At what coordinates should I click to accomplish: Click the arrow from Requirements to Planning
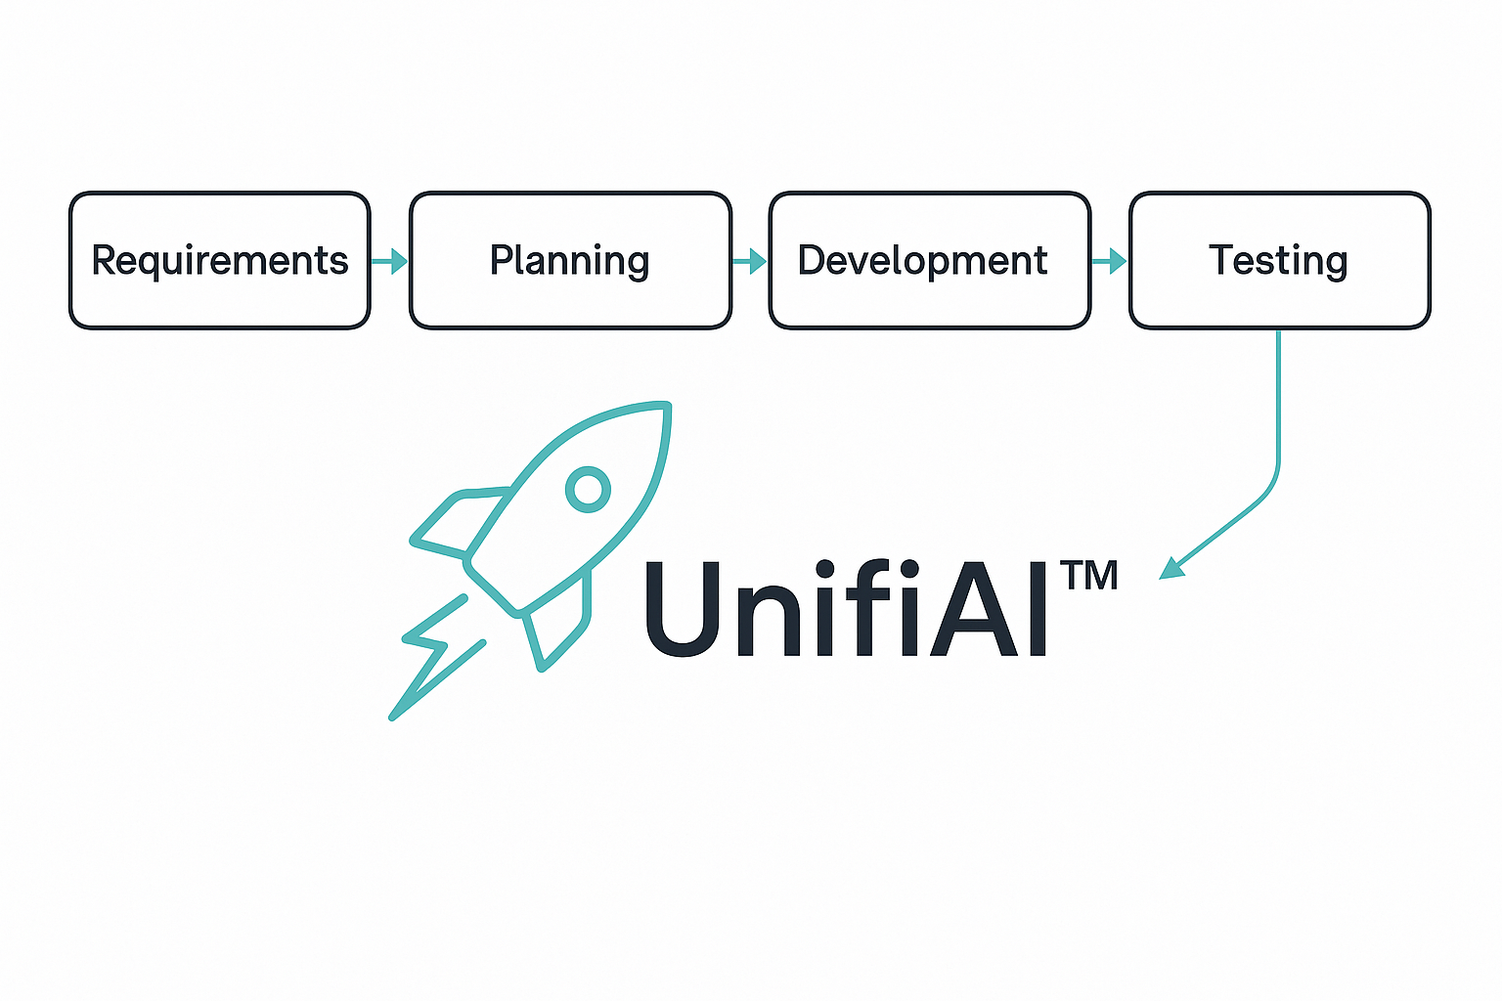(390, 261)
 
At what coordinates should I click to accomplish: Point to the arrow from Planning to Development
(750, 261)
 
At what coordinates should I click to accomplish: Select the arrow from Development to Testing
(1110, 261)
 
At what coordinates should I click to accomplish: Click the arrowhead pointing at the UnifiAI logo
(1171, 569)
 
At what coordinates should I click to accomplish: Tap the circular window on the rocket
(588, 489)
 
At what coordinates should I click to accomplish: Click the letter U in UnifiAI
(683, 608)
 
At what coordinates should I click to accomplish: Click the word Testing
(1279, 261)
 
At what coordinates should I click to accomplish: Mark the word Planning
(570, 261)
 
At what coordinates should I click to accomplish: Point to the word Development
(922, 261)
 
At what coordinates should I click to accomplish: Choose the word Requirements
(220, 261)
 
